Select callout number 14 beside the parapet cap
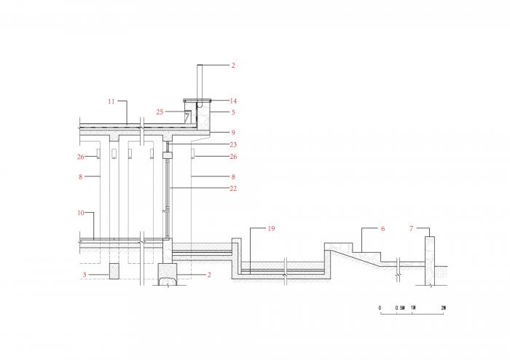[233, 101]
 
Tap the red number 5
[233, 113]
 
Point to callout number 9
[233, 132]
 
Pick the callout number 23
[233, 144]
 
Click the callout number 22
[233, 189]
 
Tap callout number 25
[160, 111]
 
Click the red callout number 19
[271, 229]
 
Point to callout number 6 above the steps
[382, 229]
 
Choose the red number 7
[412, 229]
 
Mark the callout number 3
[84, 275]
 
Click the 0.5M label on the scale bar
[400, 308]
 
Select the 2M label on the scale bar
[444, 308]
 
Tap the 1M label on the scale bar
[413, 308]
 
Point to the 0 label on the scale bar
[380, 308]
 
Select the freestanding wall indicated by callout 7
[430, 259]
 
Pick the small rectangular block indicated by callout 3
[115, 270]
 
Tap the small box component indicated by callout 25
[187, 117]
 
